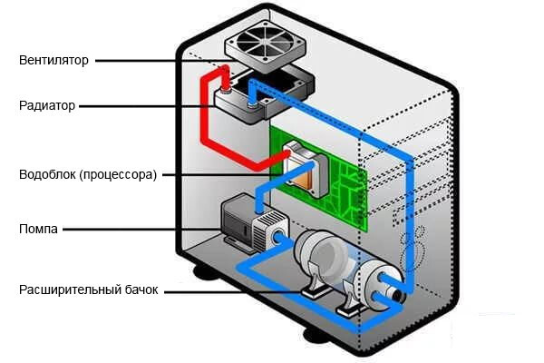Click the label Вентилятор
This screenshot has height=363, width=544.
(x=54, y=61)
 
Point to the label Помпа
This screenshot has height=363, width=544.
(x=38, y=230)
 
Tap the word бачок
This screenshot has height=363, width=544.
(x=141, y=290)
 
